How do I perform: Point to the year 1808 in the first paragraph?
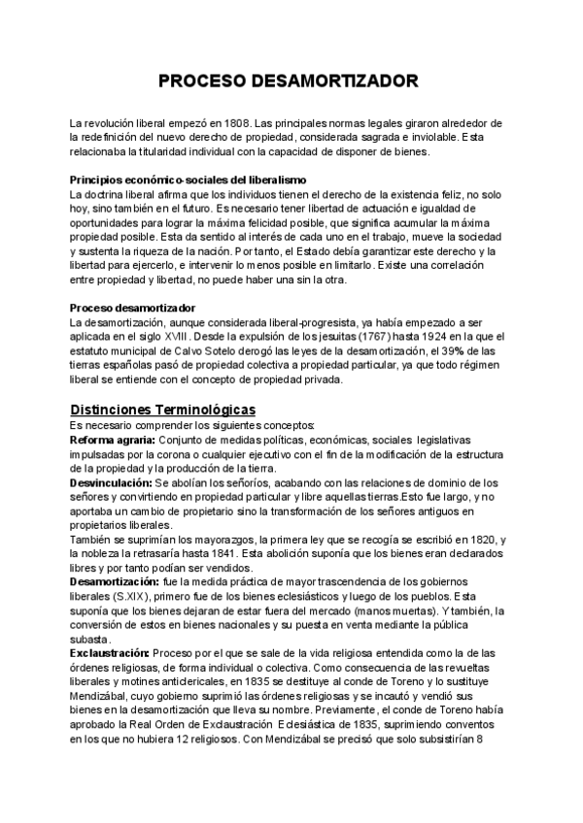coord(236,124)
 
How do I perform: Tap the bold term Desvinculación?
coord(111,482)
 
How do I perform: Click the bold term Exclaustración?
coord(110,653)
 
